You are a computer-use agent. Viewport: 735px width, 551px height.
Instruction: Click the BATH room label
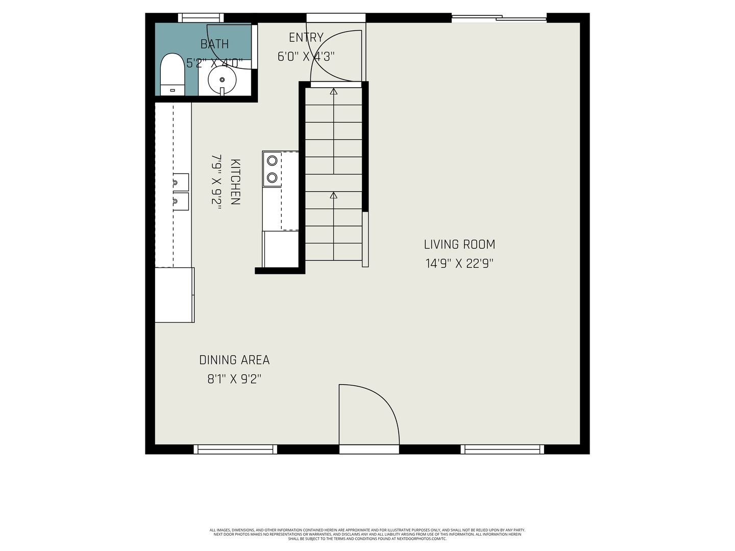[x=214, y=44]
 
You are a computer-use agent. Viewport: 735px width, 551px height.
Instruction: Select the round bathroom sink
[x=222, y=80]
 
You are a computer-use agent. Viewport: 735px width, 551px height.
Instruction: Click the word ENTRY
[x=306, y=38]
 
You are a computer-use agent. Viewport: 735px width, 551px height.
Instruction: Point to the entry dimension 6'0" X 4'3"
[x=306, y=57]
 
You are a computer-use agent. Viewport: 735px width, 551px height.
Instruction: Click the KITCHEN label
[x=235, y=182]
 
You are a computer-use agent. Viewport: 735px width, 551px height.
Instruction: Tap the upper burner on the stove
[x=272, y=161]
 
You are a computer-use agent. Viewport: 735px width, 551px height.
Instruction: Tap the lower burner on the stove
[x=272, y=178]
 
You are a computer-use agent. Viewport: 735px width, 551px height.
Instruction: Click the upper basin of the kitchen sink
[x=180, y=182]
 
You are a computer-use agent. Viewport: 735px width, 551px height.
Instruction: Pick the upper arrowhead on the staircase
[x=334, y=92]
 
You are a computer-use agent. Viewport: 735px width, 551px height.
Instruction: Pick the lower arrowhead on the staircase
[x=334, y=195]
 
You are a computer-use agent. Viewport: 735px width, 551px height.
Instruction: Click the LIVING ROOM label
[x=459, y=245]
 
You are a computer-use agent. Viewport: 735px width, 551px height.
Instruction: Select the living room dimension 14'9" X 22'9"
[x=459, y=264]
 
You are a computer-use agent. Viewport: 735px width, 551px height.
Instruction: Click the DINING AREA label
[x=234, y=360]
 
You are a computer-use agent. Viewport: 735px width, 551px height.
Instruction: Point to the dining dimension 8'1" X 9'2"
[x=234, y=379]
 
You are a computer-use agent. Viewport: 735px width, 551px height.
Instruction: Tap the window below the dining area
[x=235, y=449]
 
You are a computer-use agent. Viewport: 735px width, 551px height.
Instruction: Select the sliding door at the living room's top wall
[x=499, y=18]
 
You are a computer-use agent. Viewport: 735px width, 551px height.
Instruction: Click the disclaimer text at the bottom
[x=367, y=534]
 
